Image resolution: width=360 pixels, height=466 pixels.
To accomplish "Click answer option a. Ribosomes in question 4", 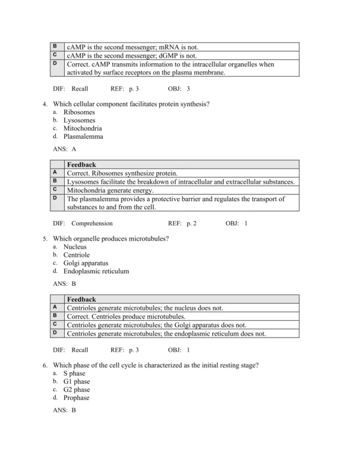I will pyautogui.click(x=79, y=112).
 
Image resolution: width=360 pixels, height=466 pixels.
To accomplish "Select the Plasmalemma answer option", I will pyautogui.click(x=83, y=136).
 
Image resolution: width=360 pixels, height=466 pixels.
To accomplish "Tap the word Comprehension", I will pyautogui.click(x=92, y=223).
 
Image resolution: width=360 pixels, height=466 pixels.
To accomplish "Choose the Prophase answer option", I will pyautogui.click(x=76, y=398).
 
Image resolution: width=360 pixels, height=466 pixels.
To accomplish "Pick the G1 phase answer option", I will pyautogui.click(x=76, y=381).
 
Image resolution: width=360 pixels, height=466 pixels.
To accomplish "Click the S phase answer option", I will pyautogui.click(x=74, y=374).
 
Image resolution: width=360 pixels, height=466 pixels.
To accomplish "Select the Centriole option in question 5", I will pyautogui.click(x=77, y=255).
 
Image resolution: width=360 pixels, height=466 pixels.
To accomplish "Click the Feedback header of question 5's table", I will pyautogui.click(x=81, y=299).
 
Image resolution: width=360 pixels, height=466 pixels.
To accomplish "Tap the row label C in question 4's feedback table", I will pyautogui.click(x=55, y=189).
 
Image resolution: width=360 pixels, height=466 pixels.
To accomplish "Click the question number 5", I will pyautogui.click(x=45, y=238).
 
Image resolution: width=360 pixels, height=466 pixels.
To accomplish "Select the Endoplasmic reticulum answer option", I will pyautogui.click(x=96, y=271).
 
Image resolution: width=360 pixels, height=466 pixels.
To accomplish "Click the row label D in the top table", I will pyautogui.click(x=55, y=63).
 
